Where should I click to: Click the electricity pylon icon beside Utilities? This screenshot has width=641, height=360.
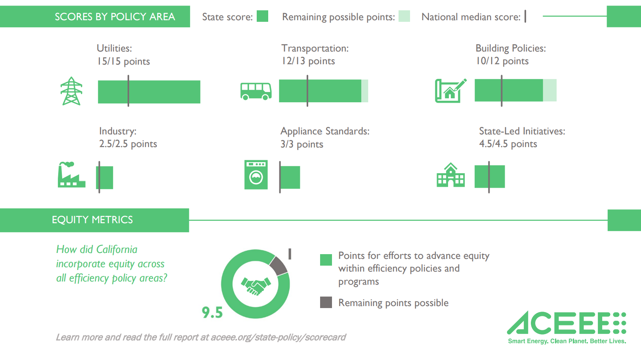click(x=71, y=91)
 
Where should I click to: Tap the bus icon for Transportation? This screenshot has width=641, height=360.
click(x=256, y=91)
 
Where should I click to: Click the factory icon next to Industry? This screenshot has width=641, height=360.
click(x=71, y=174)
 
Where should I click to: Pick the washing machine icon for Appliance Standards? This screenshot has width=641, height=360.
click(x=256, y=175)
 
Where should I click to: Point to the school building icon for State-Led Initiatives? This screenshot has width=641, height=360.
click(x=451, y=175)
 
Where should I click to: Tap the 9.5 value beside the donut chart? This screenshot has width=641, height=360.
click(x=212, y=312)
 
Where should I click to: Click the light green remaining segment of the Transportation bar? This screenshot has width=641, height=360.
click(x=364, y=91)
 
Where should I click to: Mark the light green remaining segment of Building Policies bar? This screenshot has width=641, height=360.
click(x=550, y=90)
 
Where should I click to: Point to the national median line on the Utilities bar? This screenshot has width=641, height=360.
click(x=128, y=91)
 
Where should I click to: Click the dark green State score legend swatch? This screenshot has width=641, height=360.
click(x=262, y=16)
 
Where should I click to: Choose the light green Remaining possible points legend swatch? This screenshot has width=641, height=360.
click(x=404, y=16)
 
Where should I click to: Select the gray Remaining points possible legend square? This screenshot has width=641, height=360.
click(x=326, y=303)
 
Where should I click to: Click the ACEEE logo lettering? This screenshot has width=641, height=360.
click(x=567, y=323)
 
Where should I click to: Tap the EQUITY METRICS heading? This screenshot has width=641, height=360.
click(x=92, y=220)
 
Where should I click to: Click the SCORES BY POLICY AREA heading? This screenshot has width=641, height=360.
click(x=115, y=17)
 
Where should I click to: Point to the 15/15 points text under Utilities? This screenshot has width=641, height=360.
click(x=123, y=61)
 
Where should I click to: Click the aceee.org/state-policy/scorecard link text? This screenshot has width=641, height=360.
click(x=278, y=337)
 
